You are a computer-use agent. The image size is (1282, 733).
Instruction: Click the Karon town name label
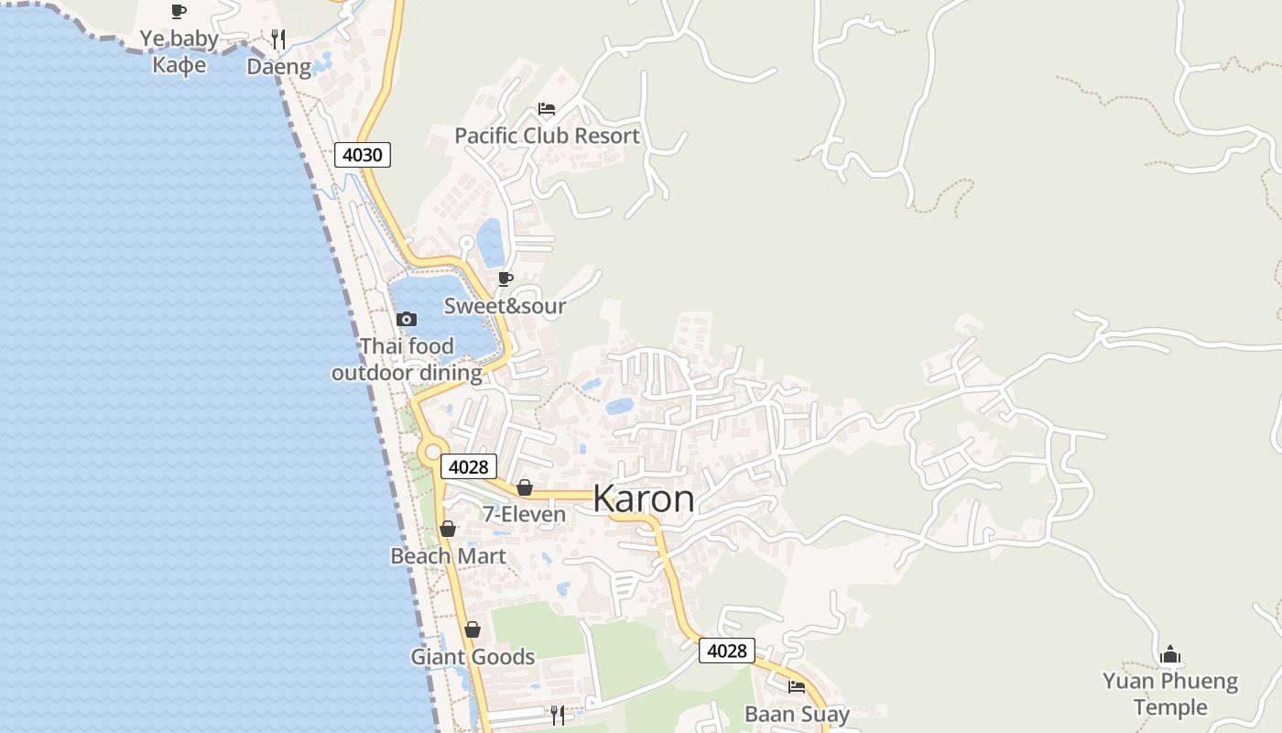click(x=643, y=499)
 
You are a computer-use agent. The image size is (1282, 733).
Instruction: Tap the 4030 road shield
click(x=362, y=155)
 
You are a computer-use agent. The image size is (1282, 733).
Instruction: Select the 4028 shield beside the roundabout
click(x=469, y=466)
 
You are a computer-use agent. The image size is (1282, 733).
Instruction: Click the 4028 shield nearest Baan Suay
click(x=727, y=651)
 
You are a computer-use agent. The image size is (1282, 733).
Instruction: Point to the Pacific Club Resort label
click(x=547, y=136)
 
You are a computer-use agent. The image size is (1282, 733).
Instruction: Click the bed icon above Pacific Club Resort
click(x=547, y=109)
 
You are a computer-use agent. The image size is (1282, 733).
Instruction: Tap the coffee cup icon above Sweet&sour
click(x=505, y=279)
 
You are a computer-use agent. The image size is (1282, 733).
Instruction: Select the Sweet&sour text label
click(x=505, y=306)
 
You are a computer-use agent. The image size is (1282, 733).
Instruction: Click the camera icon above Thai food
click(x=407, y=319)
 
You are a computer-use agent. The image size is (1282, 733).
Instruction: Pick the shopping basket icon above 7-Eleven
click(x=525, y=487)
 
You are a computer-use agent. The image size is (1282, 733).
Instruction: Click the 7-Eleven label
click(x=525, y=515)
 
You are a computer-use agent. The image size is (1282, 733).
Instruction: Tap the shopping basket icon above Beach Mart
click(x=448, y=529)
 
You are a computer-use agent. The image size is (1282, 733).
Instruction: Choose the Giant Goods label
click(x=473, y=657)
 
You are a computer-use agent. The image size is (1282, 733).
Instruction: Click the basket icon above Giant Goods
click(x=473, y=629)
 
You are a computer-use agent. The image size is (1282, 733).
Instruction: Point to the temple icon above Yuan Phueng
click(x=1170, y=654)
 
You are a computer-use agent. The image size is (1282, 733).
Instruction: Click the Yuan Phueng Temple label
click(x=1170, y=694)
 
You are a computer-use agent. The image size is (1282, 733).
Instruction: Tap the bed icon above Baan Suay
click(x=797, y=686)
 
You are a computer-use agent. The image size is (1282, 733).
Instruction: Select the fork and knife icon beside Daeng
click(x=278, y=39)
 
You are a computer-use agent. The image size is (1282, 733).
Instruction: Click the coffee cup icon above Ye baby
click(x=179, y=11)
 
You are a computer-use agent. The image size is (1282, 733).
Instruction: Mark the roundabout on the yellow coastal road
click(x=432, y=452)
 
